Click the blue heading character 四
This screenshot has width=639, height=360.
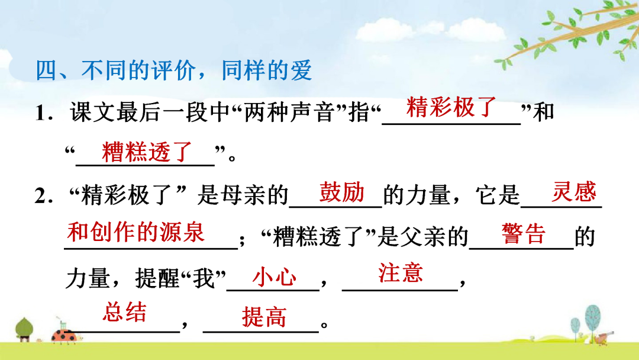coord(47,70)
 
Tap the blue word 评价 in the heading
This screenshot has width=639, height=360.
coord(173,70)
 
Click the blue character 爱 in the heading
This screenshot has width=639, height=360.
coord(301,70)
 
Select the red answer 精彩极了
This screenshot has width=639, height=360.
coord(451,107)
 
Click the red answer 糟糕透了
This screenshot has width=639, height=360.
coord(147,152)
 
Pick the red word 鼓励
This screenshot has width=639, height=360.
coord(341,192)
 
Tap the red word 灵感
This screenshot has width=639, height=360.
coord(574,191)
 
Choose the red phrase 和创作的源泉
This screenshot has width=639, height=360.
coord(135,232)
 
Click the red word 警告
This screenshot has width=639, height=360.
coord(523,234)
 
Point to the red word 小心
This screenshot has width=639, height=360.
coord(275,277)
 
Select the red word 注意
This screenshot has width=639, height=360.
coord(400,272)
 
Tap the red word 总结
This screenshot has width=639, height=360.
coord(124,312)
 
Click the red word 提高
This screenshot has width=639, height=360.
coord(264,317)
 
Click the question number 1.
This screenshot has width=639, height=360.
coord(44,113)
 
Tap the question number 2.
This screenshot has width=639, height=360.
coord(44,196)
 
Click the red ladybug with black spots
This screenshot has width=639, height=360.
coord(65,335)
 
